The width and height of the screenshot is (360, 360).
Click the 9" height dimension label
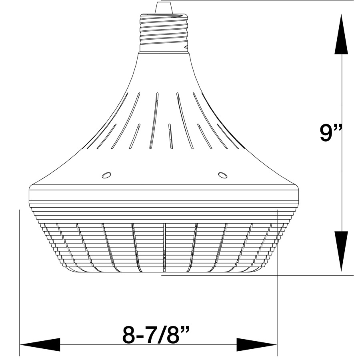click(331, 133)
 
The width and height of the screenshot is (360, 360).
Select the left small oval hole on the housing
click(106, 175)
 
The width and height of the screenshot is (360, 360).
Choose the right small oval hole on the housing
click(222, 175)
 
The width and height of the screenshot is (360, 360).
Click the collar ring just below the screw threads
click(164, 48)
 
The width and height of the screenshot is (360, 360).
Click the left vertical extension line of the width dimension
click(20, 280)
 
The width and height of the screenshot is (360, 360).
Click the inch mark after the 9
click(340, 129)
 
